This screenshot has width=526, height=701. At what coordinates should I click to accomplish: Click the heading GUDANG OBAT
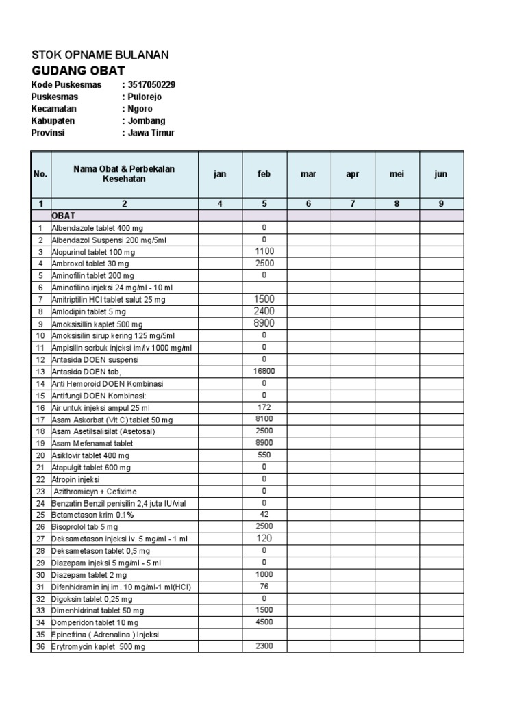click(78, 71)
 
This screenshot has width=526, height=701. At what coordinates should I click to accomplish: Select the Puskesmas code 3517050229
click(151, 85)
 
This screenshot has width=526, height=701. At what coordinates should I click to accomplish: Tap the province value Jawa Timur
click(151, 133)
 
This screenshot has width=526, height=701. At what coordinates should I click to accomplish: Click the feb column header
click(264, 174)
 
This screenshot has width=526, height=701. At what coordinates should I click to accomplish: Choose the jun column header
click(441, 174)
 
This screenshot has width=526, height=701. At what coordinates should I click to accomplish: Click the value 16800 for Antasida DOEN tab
click(264, 372)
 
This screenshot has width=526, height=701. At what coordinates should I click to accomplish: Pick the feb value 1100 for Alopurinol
click(264, 251)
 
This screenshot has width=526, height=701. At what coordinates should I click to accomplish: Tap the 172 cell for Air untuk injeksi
click(264, 407)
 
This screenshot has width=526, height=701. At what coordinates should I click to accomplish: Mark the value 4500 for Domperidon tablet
click(264, 622)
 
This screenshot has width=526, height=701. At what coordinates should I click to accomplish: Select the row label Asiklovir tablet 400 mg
click(90, 455)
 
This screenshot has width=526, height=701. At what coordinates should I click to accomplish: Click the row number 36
click(40, 646)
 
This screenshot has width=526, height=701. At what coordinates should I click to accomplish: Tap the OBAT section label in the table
click(64, 216)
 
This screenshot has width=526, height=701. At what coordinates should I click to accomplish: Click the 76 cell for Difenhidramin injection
click(264, 586)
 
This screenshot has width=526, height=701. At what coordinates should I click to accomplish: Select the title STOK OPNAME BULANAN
click(100, 55)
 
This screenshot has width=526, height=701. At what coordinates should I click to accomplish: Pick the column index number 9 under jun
click(441, 203)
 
